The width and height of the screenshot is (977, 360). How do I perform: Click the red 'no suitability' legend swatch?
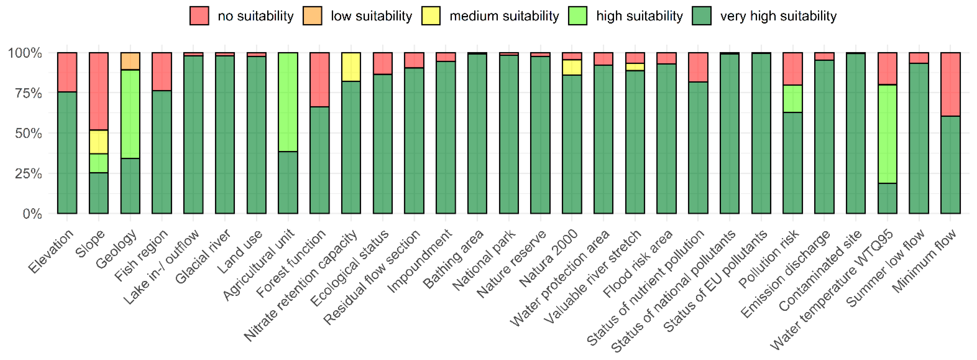(199, 16)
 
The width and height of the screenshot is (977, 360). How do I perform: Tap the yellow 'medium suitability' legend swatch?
(431, 16)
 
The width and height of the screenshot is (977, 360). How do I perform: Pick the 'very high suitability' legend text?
(778, 16)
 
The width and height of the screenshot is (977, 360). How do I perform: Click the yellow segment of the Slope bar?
(98, 142)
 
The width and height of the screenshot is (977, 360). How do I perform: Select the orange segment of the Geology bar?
(130, 61)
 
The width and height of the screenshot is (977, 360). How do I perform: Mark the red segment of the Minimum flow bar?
(951, 84)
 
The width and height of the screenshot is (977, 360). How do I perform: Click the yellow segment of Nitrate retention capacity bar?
(351, 67)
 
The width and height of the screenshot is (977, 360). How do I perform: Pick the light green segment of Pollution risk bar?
(793, 99)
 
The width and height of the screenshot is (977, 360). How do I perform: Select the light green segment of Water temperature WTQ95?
(887, 134)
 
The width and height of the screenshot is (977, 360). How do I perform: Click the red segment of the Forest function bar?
(319, 80)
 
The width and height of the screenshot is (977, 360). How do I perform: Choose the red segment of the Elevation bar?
(67, 72)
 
